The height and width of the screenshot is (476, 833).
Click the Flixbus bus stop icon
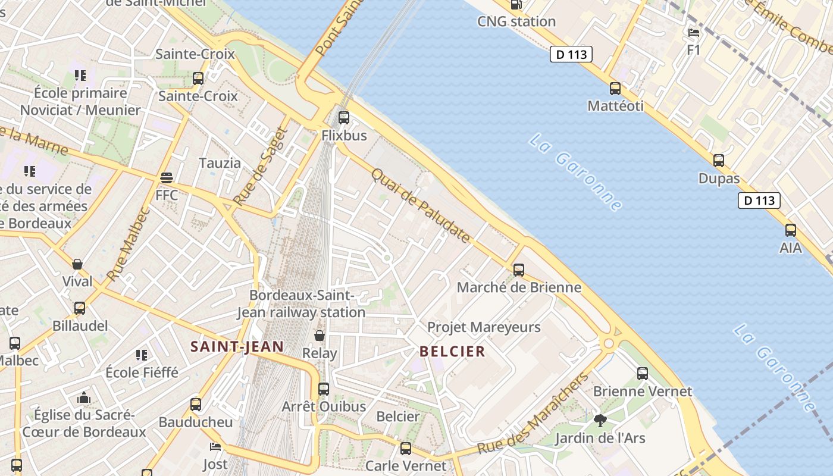[344, 117]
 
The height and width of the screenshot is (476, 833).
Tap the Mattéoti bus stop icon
[615, 89]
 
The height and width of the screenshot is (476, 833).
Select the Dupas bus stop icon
[719, 160]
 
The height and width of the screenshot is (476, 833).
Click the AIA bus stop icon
[791, 230]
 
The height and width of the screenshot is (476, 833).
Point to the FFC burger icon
[167, 177]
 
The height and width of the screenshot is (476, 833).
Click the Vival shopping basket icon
[77, 264]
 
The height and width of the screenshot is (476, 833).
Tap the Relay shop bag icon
[320, 336]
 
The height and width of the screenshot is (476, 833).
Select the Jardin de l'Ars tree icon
[600, 421]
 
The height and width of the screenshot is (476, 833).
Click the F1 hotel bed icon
[694, 33]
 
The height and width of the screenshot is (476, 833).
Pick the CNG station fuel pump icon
[516, 5]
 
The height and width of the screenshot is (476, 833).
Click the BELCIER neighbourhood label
[453, 352]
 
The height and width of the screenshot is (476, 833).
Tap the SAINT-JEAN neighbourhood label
[237, 346]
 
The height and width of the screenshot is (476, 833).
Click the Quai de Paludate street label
[421, 206]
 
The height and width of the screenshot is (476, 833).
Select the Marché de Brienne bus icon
[519, 270]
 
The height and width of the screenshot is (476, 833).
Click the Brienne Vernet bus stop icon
[643, 374]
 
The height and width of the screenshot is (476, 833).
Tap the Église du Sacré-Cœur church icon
[84, 397]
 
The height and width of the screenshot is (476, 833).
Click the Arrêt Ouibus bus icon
[324, 389]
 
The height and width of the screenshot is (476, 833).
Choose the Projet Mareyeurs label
[484, 327]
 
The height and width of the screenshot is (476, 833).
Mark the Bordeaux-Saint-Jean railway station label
[302, 303]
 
